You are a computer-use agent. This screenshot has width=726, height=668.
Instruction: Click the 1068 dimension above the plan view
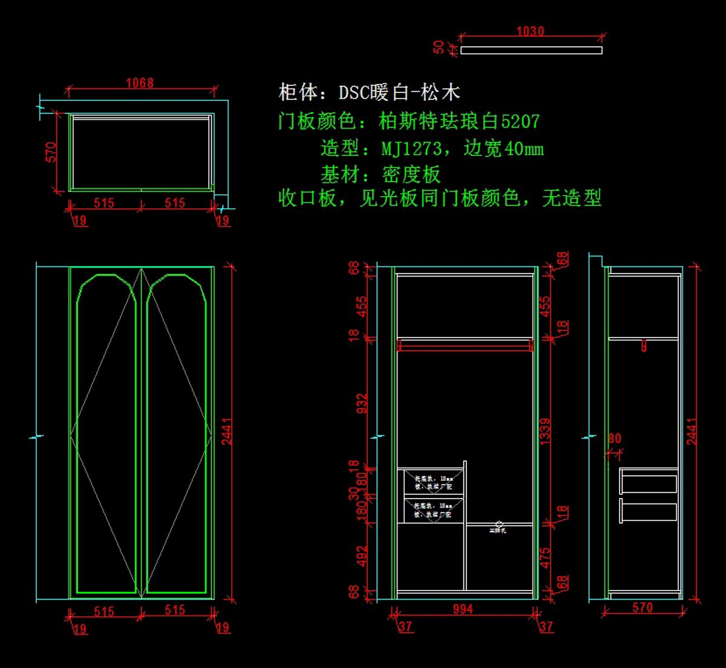[140, 83]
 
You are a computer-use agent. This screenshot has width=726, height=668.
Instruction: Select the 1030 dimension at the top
[530, 31]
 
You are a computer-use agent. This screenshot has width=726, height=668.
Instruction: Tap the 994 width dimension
[463, 609]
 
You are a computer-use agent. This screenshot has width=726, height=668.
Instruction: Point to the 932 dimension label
[362, 404]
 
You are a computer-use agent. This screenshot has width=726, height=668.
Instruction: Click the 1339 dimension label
[545, 431]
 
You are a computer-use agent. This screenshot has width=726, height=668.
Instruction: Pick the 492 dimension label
[362, 556]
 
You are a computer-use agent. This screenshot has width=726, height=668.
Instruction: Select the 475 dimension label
[545, 558]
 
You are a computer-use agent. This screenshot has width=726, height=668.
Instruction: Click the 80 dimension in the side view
[615, 438]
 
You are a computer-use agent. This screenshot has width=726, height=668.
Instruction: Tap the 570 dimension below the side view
[643, 607]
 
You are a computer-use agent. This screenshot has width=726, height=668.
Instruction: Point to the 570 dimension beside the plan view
[51, 152]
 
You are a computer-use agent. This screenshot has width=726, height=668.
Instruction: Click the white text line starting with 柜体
[369, 93]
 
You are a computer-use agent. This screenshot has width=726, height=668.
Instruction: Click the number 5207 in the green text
[520, 122]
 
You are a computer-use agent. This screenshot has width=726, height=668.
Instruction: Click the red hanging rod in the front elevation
[465, 345]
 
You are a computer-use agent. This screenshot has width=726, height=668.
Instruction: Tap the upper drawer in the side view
[649, 484]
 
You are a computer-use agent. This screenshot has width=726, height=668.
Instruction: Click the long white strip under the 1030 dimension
[531, 50]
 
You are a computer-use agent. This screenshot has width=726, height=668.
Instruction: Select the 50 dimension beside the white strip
[439, 47]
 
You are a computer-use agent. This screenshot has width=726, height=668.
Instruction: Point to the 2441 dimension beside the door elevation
[227, 431]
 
